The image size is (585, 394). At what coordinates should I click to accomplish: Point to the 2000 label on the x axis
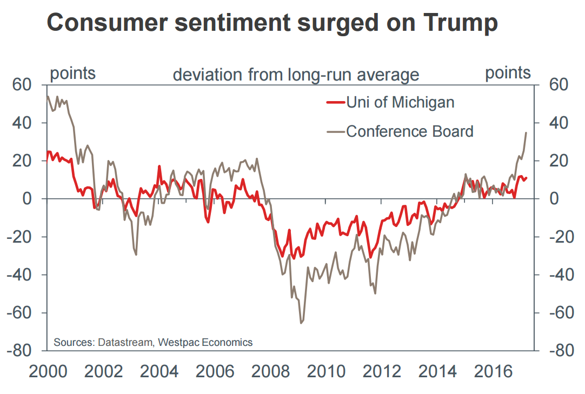coord(48,372)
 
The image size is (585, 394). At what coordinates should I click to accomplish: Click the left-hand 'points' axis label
coord(72,74)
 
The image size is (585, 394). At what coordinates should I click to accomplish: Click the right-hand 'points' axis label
coord(508,73)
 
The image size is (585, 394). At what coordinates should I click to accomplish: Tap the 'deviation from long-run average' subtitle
coord(296,75)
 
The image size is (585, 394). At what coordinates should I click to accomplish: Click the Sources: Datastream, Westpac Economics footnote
coord(153,342)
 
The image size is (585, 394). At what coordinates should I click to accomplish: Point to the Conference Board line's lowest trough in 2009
coord(301,323)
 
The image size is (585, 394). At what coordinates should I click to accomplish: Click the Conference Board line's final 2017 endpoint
coord(526,132)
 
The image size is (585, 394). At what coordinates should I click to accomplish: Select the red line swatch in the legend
coord(335,102)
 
